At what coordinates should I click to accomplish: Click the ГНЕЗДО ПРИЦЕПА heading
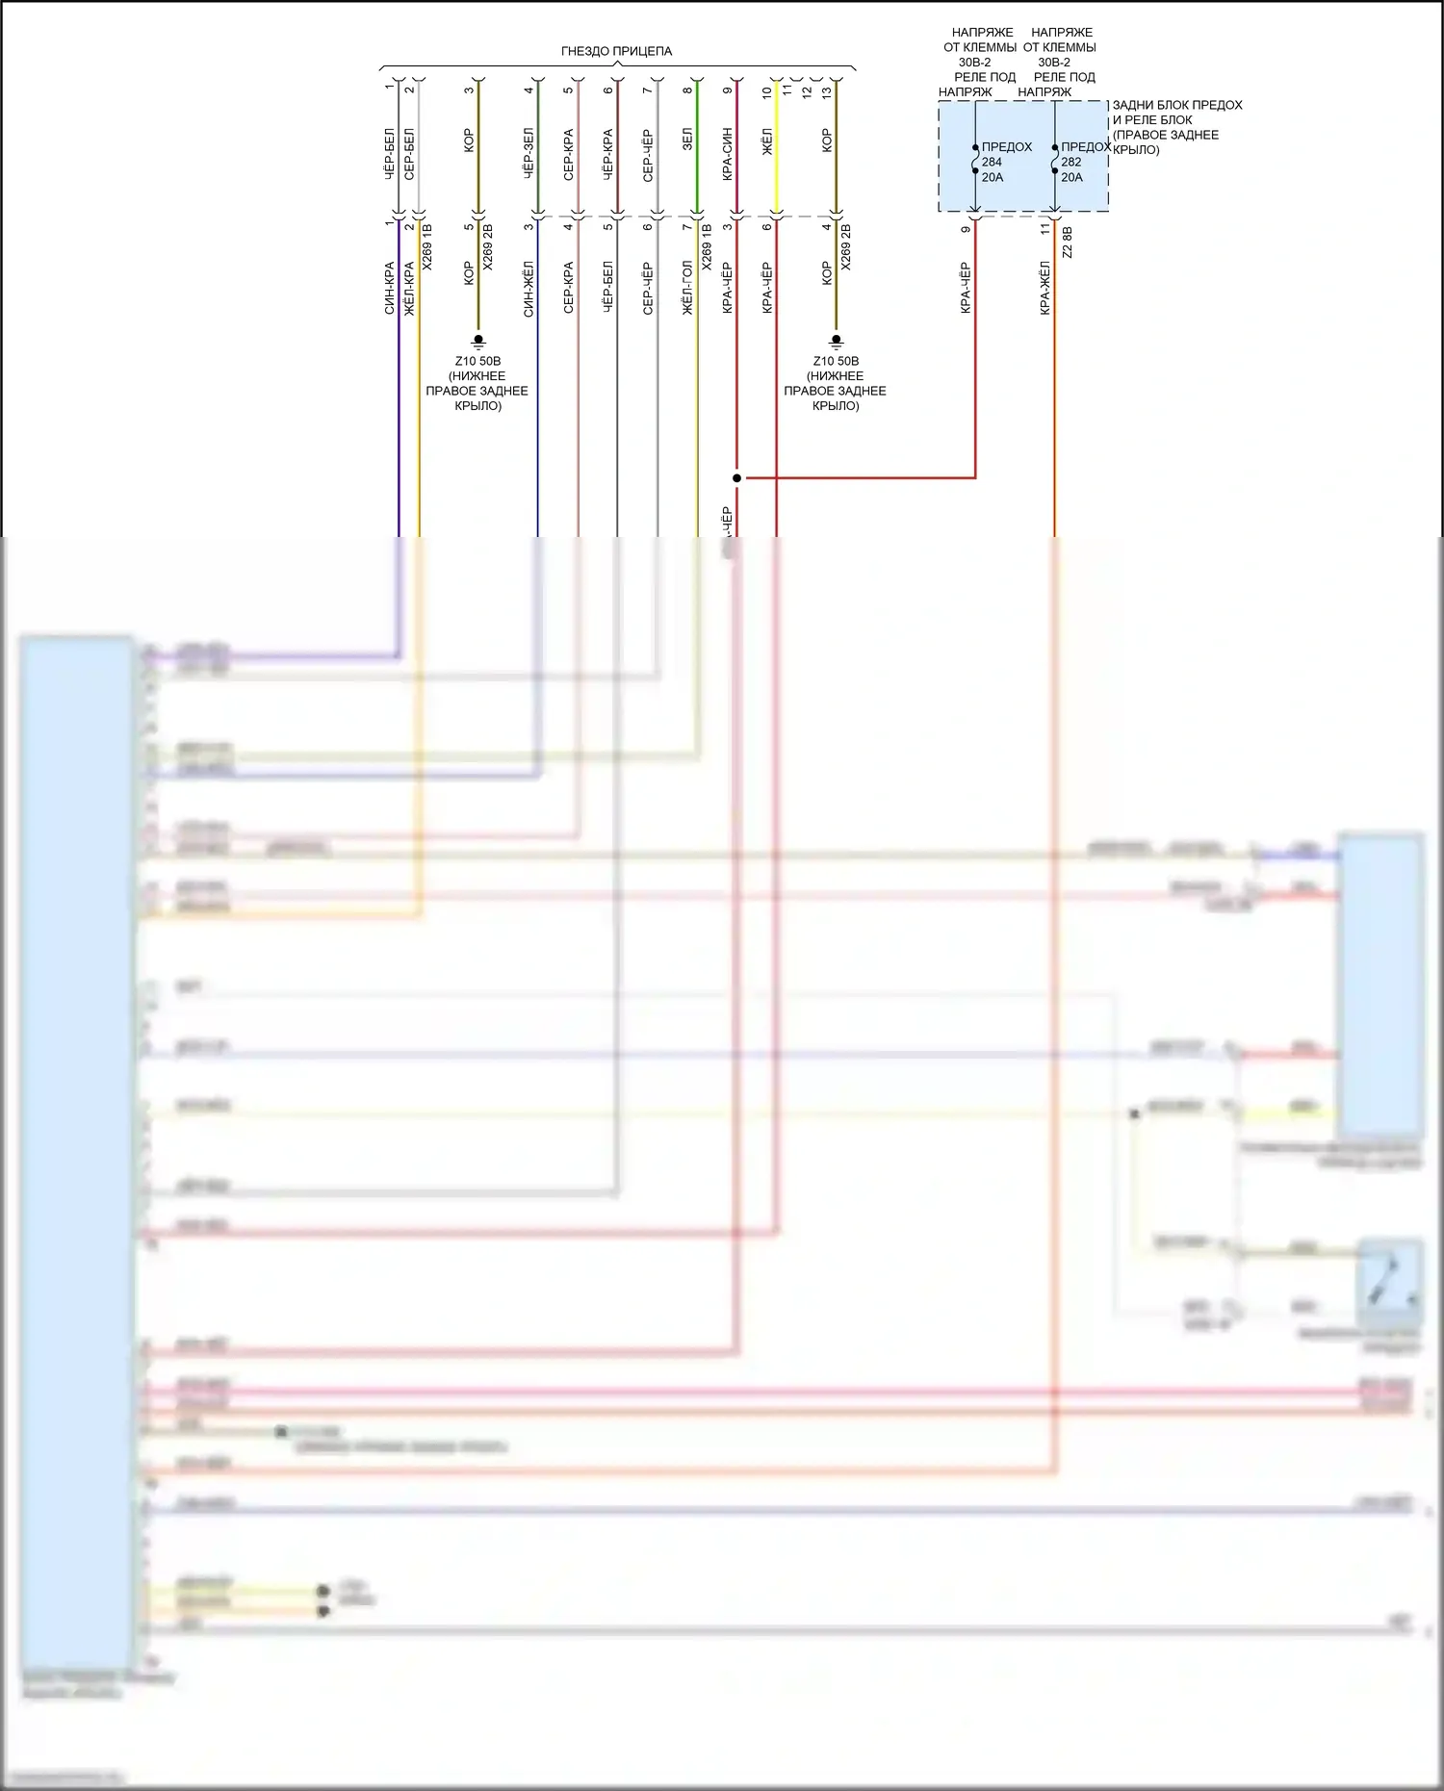tap(616, 51)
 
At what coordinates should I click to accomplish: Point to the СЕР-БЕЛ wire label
tap(409, 154)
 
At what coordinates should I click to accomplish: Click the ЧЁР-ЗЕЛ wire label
tap(529, 154)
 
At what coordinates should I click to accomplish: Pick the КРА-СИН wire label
tap(728, 154)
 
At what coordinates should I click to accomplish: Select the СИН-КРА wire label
tap(390, 288)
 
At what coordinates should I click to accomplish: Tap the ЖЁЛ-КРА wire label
tap(409, 288)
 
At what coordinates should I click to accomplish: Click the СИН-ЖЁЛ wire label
tap(529, 288)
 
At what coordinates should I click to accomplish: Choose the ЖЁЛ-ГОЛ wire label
tap(687, 288)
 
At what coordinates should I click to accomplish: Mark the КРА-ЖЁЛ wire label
tap(1045, 288)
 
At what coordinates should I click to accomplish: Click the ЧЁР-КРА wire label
tap(608, 154)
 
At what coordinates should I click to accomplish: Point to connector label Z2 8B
tap(1068, 243)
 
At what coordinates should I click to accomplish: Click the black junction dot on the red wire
tap(736, 477)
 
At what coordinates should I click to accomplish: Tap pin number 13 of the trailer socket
tap(826, 91)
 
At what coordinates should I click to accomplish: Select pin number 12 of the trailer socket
tap(807, 91)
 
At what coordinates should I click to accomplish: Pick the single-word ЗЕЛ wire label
tap(687, 140)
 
